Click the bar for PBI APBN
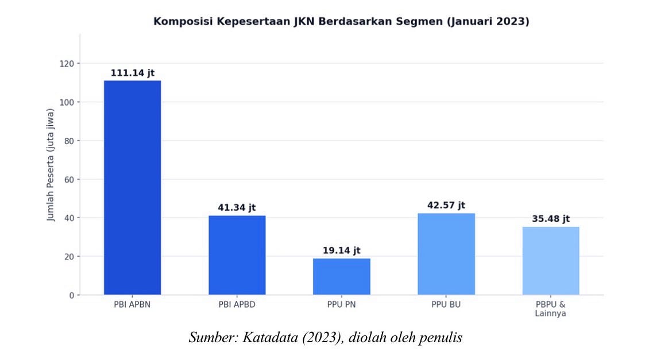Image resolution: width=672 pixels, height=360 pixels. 133,188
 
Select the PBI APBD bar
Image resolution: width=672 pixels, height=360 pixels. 237,255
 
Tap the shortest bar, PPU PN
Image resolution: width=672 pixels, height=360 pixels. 342,276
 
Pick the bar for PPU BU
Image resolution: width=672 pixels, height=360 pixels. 446,254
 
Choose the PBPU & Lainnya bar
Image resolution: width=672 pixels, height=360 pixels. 551,261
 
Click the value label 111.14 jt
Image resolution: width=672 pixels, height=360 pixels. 133,73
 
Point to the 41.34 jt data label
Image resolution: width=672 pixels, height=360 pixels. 237,208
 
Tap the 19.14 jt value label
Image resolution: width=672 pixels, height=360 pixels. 342,250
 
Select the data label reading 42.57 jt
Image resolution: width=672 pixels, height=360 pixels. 446,206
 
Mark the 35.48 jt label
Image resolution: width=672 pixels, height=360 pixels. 551,219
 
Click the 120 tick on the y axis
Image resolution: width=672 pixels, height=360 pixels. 67,64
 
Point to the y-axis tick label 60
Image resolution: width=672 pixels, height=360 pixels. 69,180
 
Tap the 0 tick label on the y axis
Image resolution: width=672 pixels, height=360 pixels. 72,295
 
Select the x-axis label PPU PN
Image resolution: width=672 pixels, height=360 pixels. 342,305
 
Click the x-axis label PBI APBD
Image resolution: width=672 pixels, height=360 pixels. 237,305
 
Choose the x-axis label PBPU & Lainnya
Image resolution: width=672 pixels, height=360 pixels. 551,309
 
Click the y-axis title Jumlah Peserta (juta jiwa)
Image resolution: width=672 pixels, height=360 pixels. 51,165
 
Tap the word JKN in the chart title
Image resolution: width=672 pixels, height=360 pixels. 304,21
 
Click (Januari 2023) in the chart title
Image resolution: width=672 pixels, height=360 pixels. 488,21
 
